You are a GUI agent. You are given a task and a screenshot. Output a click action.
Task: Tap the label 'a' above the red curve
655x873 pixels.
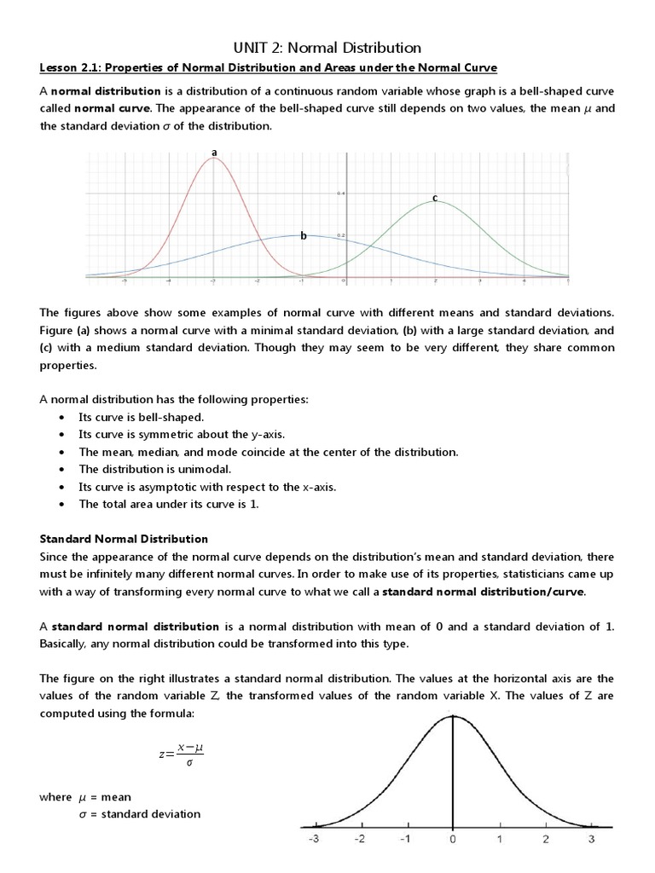[214, 153]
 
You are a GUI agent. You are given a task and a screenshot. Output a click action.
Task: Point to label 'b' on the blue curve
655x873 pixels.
[302, 236]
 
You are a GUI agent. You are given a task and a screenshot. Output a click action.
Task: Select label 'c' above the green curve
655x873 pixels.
[434, 199]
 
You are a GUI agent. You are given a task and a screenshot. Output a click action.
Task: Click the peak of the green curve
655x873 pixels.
[434, 201]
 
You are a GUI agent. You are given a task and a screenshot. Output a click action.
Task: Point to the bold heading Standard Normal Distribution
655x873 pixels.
[125, 539]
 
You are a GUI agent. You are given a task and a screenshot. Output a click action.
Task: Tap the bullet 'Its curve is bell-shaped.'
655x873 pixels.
[141, 417]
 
